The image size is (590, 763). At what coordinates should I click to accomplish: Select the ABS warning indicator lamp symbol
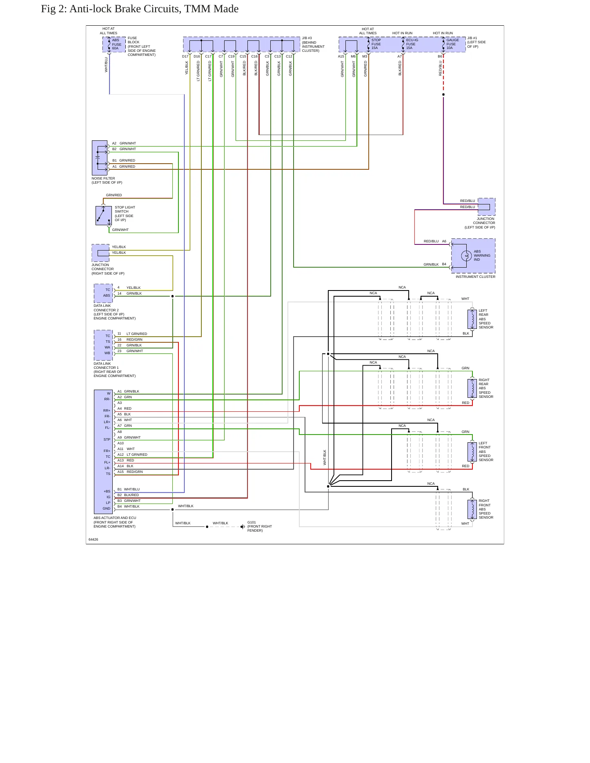466,256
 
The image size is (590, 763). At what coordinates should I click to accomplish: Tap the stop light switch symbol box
104,215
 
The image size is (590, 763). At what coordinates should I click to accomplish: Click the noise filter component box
100,158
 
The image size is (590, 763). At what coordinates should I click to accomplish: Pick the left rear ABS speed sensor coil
472,319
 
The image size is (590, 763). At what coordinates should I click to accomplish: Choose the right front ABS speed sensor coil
472,509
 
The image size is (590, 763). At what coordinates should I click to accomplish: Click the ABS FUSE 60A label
117,44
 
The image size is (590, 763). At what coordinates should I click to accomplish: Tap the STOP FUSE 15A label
376,44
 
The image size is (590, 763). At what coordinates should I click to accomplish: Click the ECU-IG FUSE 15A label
412,44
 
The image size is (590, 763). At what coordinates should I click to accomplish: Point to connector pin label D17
185,56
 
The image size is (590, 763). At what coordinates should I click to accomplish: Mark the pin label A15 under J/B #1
341,56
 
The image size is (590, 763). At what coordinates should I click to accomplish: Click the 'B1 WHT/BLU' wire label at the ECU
129,489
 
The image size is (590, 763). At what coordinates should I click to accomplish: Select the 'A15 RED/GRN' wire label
130,472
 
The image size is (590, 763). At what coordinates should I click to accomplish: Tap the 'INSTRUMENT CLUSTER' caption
475,277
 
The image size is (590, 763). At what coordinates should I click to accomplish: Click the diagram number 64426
94,539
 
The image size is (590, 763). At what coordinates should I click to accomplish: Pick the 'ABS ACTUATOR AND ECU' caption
115,518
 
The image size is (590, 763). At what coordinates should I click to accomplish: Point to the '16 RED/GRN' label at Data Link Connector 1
130,339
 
